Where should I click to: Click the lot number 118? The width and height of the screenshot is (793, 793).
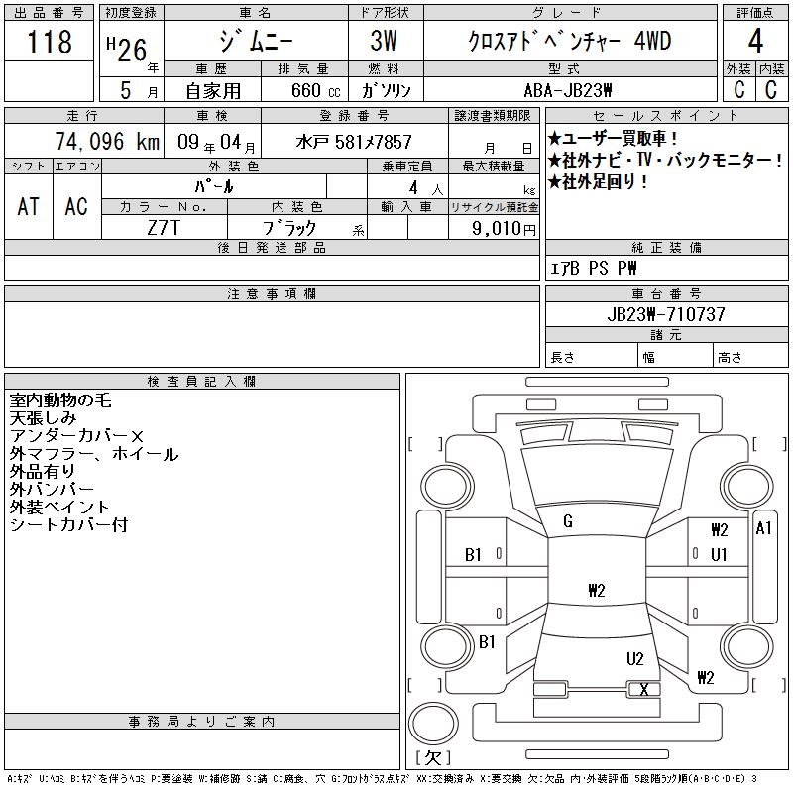coord(52,42)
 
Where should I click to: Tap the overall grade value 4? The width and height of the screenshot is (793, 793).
coord(755,42)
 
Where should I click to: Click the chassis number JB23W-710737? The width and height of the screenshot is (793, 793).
coord(666,315)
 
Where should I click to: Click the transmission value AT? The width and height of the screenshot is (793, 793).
coord(28,206)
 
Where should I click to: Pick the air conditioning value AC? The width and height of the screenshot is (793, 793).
coord(76,206)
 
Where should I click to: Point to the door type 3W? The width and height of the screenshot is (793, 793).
coord(386,42)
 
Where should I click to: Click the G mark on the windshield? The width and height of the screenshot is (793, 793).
coord(568,521)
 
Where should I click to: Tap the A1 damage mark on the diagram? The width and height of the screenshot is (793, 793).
coord(763,528)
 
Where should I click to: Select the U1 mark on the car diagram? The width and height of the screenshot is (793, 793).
coord(719,554)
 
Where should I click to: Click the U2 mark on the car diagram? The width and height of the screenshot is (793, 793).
coord(635,658)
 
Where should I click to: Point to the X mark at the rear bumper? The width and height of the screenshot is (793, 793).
coord(645,689)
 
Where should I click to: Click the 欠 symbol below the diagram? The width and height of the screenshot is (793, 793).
coord(432,758)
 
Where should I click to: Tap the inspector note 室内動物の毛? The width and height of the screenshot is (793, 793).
coord(60,400)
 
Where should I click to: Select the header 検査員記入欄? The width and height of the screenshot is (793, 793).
coord(201,382)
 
